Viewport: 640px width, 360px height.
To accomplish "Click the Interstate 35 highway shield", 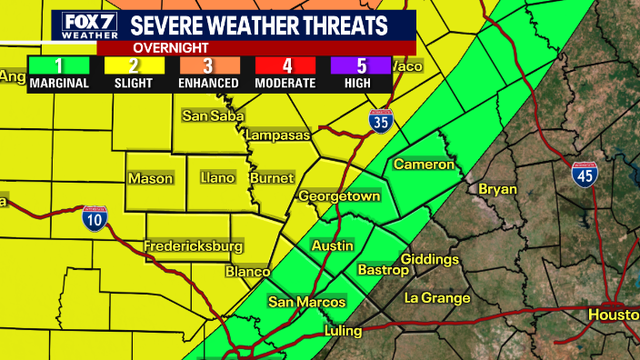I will click(380, 120).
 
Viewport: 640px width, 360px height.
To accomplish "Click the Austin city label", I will click(332, 246).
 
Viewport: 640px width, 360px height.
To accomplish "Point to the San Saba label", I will click(211, 116).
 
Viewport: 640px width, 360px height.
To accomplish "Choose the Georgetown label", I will click(339, 196).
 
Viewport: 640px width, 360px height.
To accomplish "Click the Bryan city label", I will click(498, 188).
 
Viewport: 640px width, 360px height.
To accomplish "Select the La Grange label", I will click(437, 298).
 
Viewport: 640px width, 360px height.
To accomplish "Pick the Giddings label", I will click(429, 258).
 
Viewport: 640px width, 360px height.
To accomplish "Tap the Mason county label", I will click(150, 179).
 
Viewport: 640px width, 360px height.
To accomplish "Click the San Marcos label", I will click(306, 302).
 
